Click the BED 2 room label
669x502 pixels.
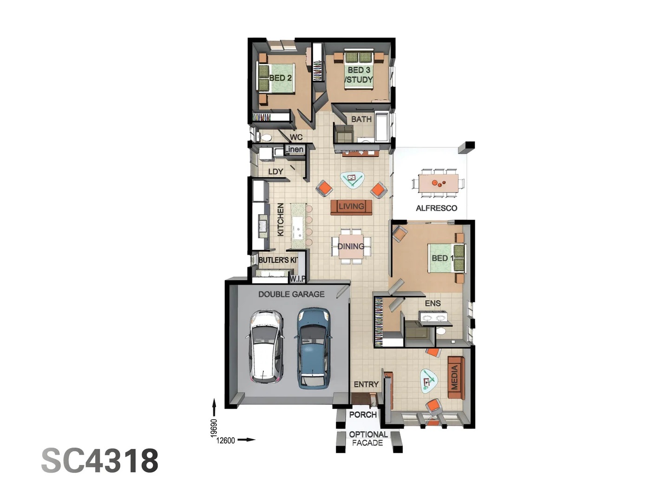coord(281,78)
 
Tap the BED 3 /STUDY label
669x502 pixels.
coord(359,75)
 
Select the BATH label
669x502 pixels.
coord(361,119)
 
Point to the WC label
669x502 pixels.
coord(296,137)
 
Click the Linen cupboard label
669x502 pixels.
coord(295,149)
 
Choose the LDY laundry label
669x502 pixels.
coord(275,172)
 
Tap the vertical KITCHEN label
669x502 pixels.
coord(281,219)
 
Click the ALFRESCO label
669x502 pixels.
coord(436,208)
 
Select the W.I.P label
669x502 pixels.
coord(297,279)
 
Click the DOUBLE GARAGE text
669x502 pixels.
coord(291,294)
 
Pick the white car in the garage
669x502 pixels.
coord(266,347)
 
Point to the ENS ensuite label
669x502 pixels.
coord(433,304)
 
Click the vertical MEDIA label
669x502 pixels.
coord(455,377)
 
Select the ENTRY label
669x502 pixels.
coord(366,384)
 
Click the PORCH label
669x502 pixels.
coord(363,415)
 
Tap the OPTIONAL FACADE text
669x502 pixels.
coord(368,438)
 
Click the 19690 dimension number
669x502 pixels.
coord(214,428)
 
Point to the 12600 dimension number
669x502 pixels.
coord(226,440)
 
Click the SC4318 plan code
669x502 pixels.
coord(100,461)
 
